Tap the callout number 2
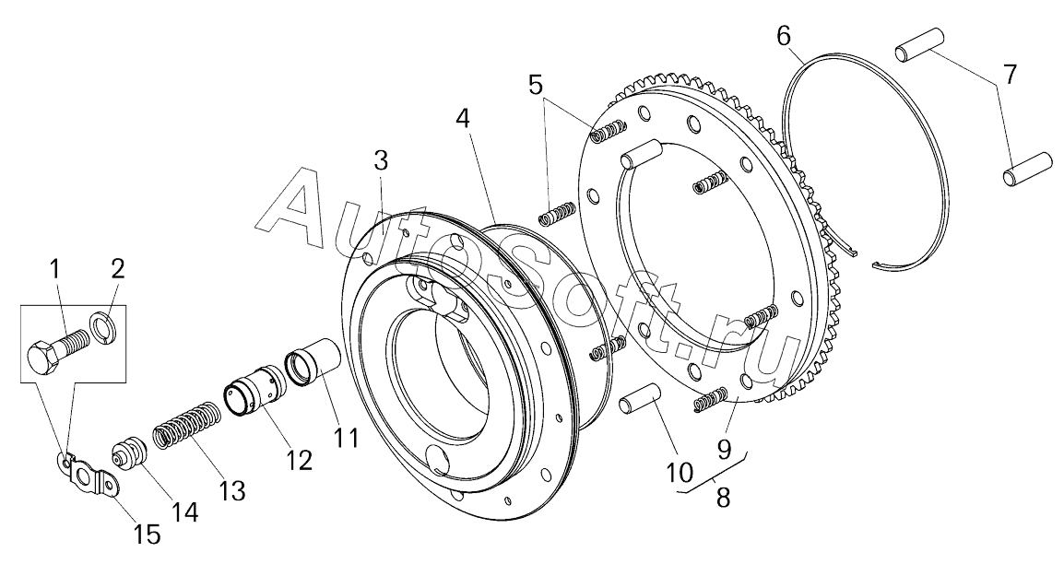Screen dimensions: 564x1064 117,269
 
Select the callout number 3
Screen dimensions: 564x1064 381,161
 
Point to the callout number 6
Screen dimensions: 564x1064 783,37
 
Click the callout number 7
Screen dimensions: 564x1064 1010,75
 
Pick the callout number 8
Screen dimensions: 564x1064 723,499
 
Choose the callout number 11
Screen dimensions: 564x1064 345,438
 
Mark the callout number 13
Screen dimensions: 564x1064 232,490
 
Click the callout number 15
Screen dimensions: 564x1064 148,533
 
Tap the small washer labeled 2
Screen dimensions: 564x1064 104,325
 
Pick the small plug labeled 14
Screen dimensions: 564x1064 127,455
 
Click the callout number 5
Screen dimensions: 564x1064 536,85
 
